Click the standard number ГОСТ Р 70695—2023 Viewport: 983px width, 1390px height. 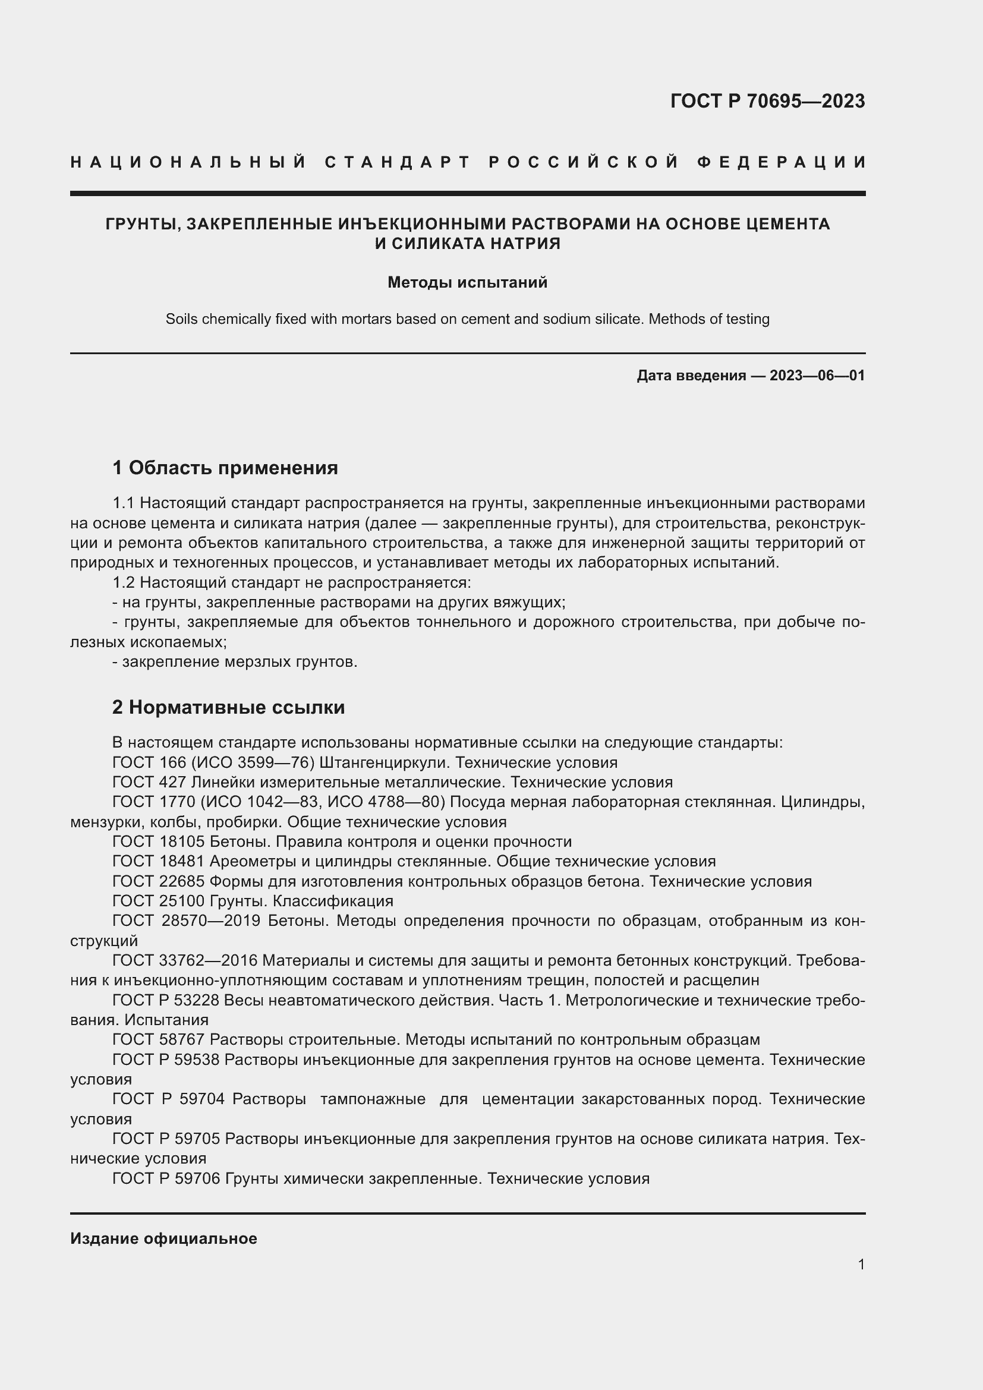pyautogui.click(x=767, y=100)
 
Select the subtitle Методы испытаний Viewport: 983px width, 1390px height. pyautogui.click(x=467, y=282)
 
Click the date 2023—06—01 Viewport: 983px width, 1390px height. pyautogui.click(x=817, y=376)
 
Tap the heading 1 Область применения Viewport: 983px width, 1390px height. pyautogui.click(x=225, y=468)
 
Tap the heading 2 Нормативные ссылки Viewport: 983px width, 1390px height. pyautogui.click(x=229, y=707)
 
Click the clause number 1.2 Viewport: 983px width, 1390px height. pyautogui.click(x=124, y=582)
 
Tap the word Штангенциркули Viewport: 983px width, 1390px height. pyautogui.click(x=385, y=762)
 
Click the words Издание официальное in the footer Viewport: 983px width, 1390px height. pyautogui.click(x=163, y=1238)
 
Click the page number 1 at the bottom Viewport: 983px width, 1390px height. pyautogui.click(x=861, y=1264)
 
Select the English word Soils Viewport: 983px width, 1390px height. pyautogui.click(x=181, y=319)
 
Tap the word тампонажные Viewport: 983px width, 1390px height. pyautogui.click(x=372, y=1099)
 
